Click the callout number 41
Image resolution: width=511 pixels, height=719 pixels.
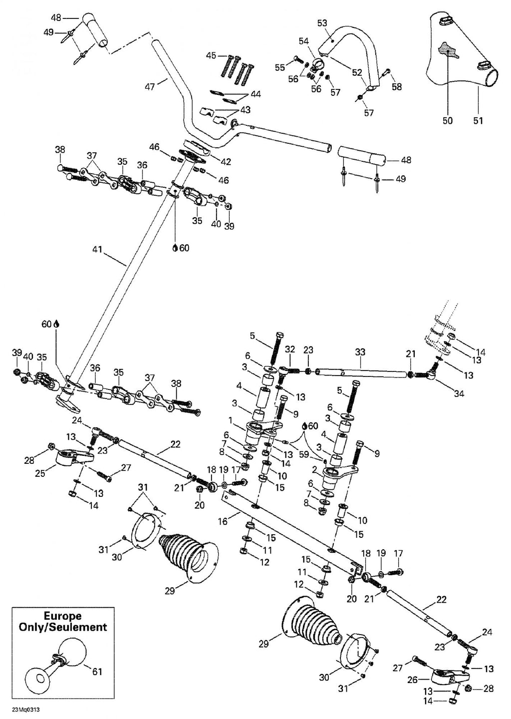tap(97, 249)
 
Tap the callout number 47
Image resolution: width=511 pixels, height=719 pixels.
tap(150, 86)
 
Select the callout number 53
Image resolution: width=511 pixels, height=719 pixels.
tap(322, 23)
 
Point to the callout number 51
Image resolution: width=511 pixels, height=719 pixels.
tap(478, 120)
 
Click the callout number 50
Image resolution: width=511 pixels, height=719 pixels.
tap(448, 120)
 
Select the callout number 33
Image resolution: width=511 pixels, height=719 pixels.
tap(360, 352)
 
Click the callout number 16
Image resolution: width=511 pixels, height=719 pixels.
tap(223, 521)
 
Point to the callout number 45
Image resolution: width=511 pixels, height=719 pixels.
tap(211, 55)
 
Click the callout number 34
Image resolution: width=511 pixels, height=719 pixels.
tap(459, 393)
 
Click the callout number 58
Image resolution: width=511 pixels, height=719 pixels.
tap(397, 87)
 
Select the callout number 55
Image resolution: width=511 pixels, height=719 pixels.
tap(280, 67)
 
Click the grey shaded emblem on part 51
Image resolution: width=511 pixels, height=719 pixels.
tap(448, 50)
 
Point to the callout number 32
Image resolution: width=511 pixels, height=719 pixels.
tap(289, 350)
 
